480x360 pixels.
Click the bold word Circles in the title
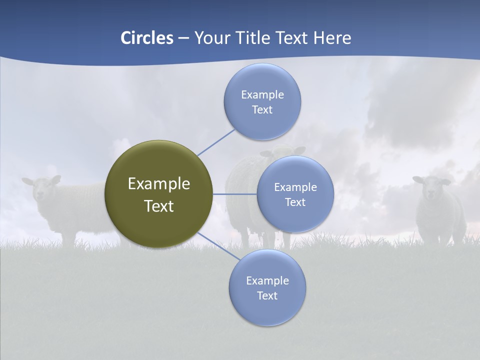(x=146, y=38)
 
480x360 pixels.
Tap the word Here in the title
(x=332, y=38)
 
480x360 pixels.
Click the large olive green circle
(x=158, y=194)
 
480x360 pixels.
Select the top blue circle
(x=262, y=101)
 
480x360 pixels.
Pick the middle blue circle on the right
(x=295, y=194)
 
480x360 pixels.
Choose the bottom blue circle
(x=267, y=287)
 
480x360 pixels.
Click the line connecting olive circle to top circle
(x=216, y=141)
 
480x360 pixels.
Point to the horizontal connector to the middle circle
(x=235, y=194)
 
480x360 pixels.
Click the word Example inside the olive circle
(x=158, y=184)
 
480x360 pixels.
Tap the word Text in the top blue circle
(x=262, y=109)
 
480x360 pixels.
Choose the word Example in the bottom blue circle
(x=267, y=280)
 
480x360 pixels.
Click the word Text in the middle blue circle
(x=295, y=202)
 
